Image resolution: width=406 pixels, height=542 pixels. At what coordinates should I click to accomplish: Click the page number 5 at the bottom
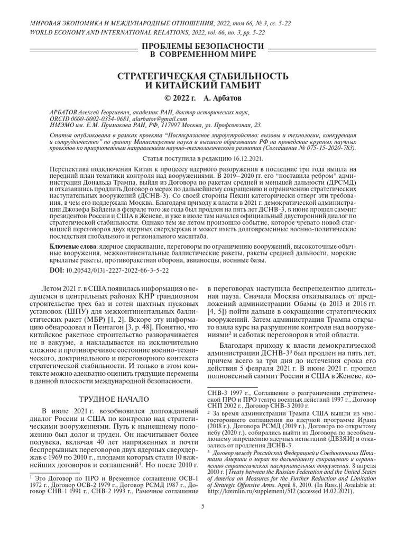point(203,507)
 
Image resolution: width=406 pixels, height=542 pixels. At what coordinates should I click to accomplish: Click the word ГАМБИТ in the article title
point(234,86)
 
